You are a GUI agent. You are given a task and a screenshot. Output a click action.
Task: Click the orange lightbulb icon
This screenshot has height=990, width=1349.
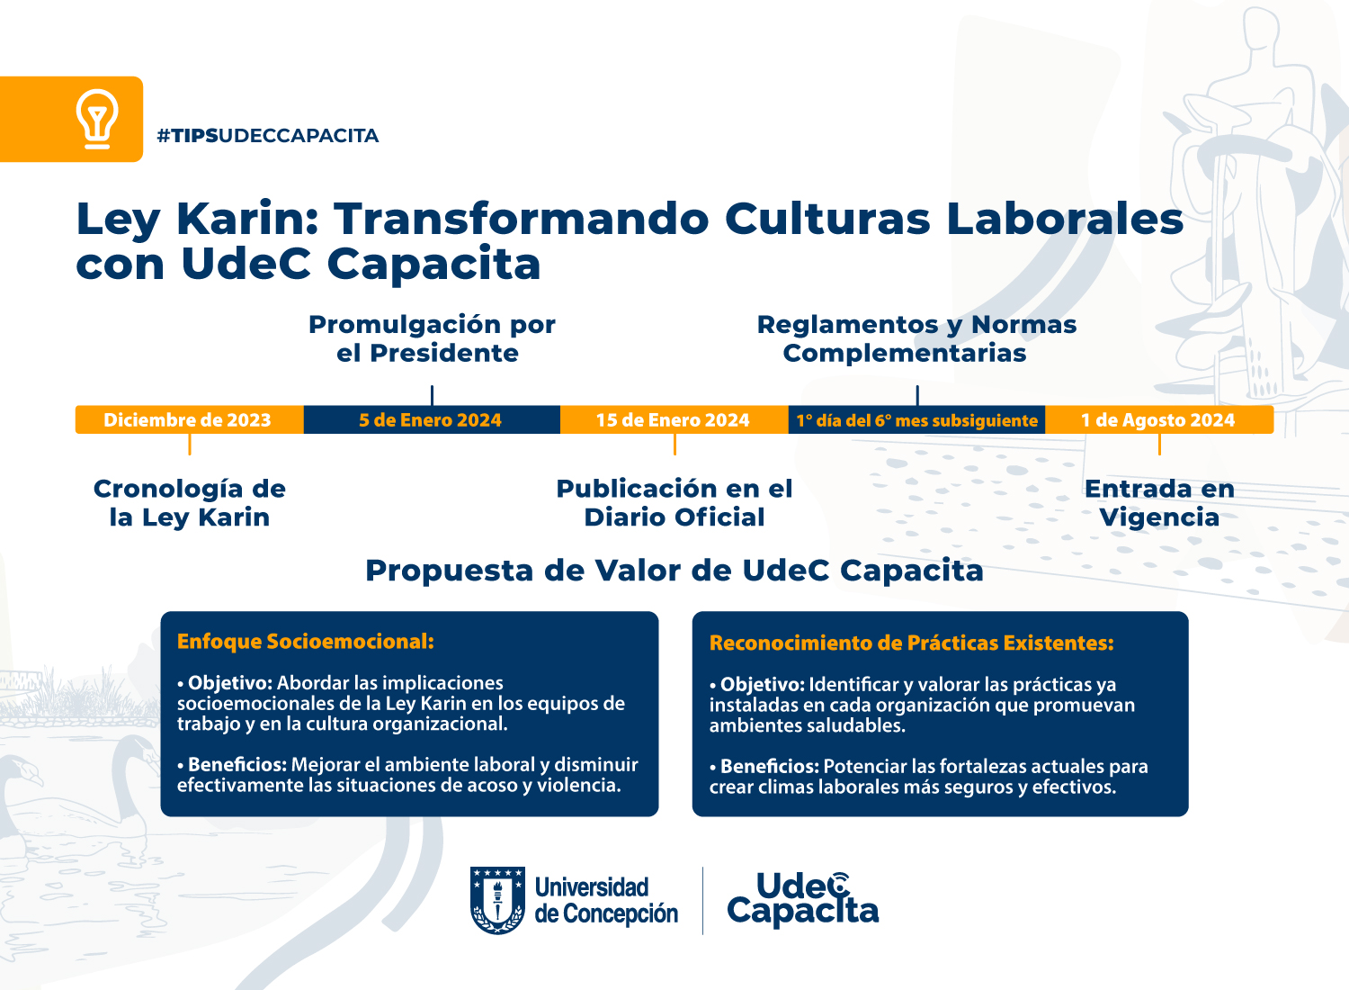click(x=97, y=119)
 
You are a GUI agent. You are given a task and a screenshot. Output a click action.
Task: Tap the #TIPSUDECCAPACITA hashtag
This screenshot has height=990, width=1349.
click(x=267, y=136)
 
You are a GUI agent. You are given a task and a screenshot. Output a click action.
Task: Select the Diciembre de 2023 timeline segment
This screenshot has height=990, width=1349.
click(x=188, y=420)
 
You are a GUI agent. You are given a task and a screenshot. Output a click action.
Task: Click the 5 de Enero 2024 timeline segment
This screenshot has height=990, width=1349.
click(x=431, y=420)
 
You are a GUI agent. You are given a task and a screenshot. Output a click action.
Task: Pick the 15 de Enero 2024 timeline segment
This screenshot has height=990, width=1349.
click(x=673, y=420)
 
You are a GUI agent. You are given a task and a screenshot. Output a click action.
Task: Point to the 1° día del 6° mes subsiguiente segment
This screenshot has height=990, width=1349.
click(x=916, y=420)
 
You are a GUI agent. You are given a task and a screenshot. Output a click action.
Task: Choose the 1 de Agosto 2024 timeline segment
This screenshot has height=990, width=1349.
click(x=1158, y=420)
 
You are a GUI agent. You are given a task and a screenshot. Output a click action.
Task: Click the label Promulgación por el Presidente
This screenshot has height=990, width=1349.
click(x=432, y=338)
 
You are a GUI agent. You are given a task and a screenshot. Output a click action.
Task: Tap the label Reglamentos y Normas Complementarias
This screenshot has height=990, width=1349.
click(x=916, y=338)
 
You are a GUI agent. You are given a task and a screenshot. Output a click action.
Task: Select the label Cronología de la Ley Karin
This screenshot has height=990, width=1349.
click(x=190, y=503)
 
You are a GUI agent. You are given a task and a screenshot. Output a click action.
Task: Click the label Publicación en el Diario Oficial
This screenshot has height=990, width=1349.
click(x=674, y=503)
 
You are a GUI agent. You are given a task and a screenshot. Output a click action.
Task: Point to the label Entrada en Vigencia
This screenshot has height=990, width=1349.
click(x=1159, y=503)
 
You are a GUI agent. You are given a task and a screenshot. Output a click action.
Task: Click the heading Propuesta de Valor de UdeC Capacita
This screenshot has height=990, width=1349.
click(x=674, y=571)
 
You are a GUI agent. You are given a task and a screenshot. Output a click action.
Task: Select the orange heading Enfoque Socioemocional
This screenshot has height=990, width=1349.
click(x=306, y=642)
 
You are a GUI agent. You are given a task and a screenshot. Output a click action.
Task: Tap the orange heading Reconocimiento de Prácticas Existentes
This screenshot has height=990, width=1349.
click(x=911, y=643)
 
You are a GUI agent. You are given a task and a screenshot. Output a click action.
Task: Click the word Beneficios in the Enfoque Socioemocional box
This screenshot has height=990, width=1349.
click(x=237, y=765)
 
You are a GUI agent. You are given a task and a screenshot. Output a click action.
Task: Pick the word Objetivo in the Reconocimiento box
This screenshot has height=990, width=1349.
click(x=762, y=685)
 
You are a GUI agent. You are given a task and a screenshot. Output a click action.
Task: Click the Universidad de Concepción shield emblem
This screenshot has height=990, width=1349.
click(x=497, y=900)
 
